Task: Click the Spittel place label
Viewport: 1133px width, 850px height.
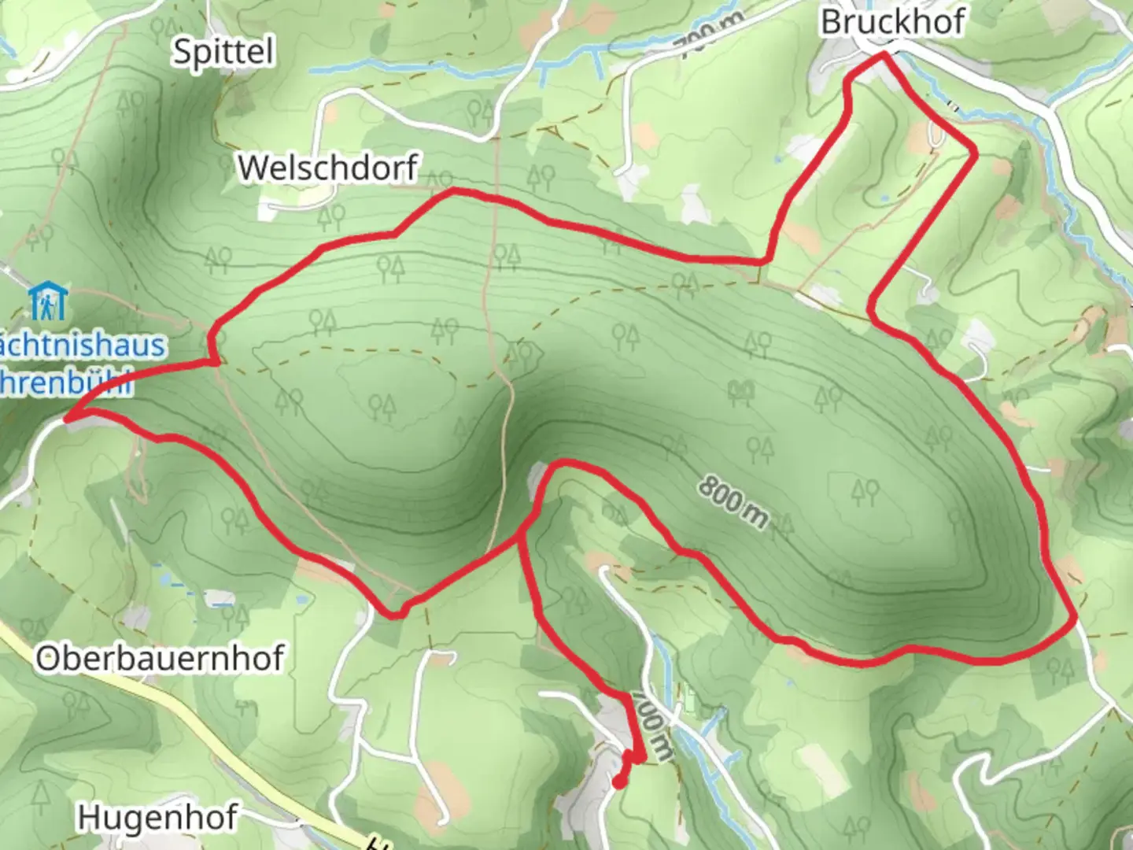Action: [223, 52]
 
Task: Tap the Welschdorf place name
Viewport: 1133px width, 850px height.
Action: [327, 168]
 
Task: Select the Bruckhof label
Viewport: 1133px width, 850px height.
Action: [892, 22]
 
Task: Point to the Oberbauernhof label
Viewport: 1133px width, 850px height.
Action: [159, 658]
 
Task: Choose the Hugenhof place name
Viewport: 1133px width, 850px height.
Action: [157, 819]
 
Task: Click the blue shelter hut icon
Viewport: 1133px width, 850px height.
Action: [48, 302]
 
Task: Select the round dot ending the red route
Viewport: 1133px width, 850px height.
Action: [619, 782]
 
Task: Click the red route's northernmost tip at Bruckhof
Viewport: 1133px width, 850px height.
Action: [884, 54]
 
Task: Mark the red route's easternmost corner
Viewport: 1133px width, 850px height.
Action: [1074, 620]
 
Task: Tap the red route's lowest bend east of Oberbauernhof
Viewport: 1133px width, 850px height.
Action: [393, 615]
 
